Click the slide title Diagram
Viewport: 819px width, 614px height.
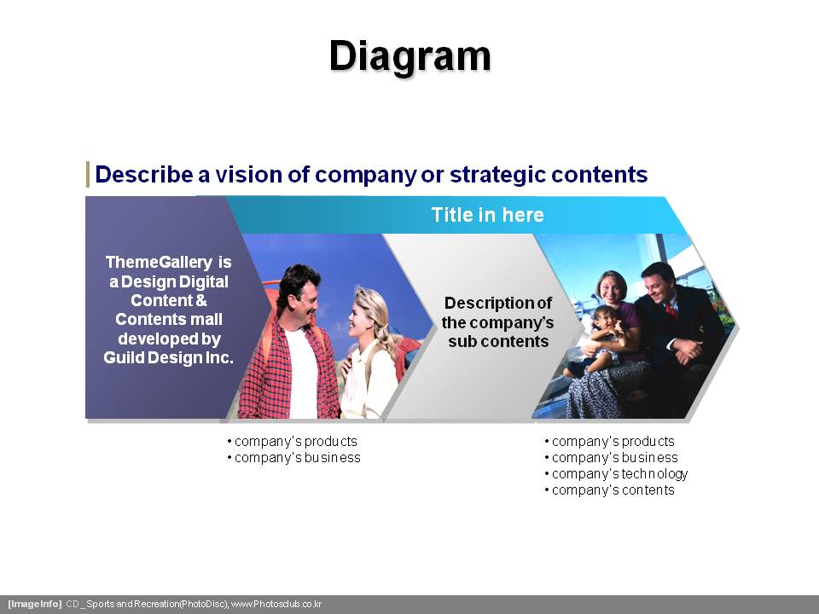[410, 56]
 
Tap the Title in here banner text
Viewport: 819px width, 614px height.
[487, 215]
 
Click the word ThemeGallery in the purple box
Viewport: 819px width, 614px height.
[159, 262]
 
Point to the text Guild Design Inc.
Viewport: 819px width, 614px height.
[168, 357]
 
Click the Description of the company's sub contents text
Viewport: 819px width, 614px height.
[497, 322]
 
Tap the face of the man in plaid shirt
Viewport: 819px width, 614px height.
[302, 296]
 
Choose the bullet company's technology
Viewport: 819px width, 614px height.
[616, 474]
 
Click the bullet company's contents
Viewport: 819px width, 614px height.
[609, 490]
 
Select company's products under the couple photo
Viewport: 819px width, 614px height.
[293, 442]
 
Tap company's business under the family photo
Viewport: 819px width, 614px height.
[611, 458]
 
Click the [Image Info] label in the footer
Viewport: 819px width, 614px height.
[34, 604]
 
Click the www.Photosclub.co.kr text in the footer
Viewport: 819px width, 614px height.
[276, 604]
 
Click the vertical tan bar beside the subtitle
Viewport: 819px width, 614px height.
[88, 174]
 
